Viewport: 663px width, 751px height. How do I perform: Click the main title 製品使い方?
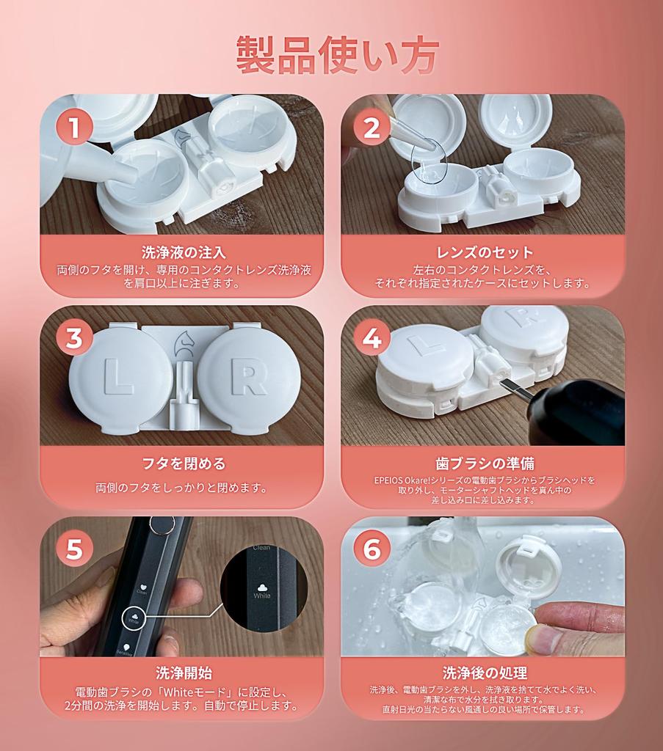tap(337, 54)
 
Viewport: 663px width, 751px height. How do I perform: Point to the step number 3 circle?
tap(74, 338)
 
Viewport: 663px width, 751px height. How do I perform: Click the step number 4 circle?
tap(372, 338)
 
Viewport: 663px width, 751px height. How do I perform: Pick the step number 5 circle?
tap(74, 549)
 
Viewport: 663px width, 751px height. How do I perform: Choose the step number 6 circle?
tap(372, 549)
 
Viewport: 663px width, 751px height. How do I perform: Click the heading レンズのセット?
tap(483, 254)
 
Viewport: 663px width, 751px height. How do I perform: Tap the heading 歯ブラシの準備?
tap(483, 464)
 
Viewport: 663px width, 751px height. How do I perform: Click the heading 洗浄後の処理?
tap(483, 673)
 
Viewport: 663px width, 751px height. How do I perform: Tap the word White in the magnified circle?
tap(262, 596)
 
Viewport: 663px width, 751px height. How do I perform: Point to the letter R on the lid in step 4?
tap(520, 318)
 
